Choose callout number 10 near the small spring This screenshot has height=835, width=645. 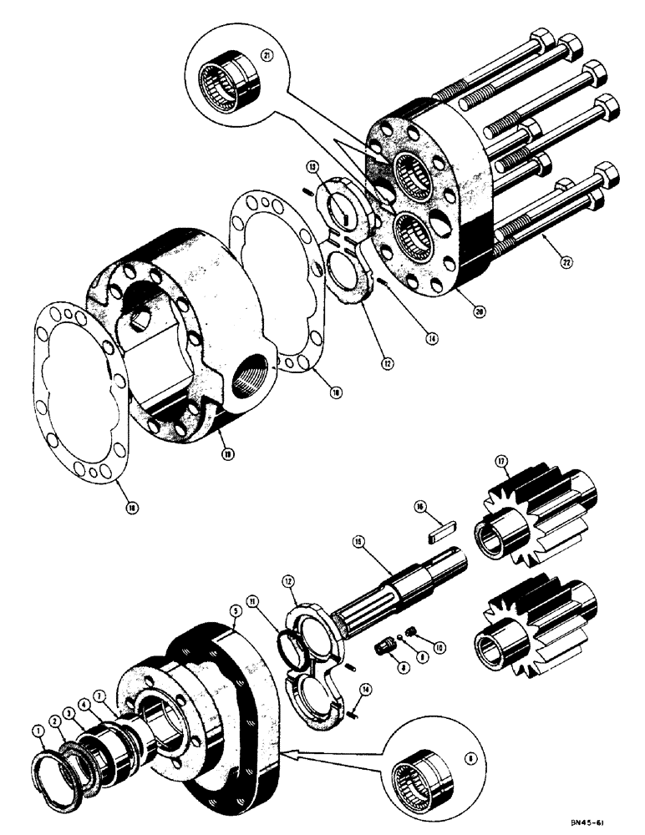[419, 649]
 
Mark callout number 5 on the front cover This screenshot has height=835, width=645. [236, 611]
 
